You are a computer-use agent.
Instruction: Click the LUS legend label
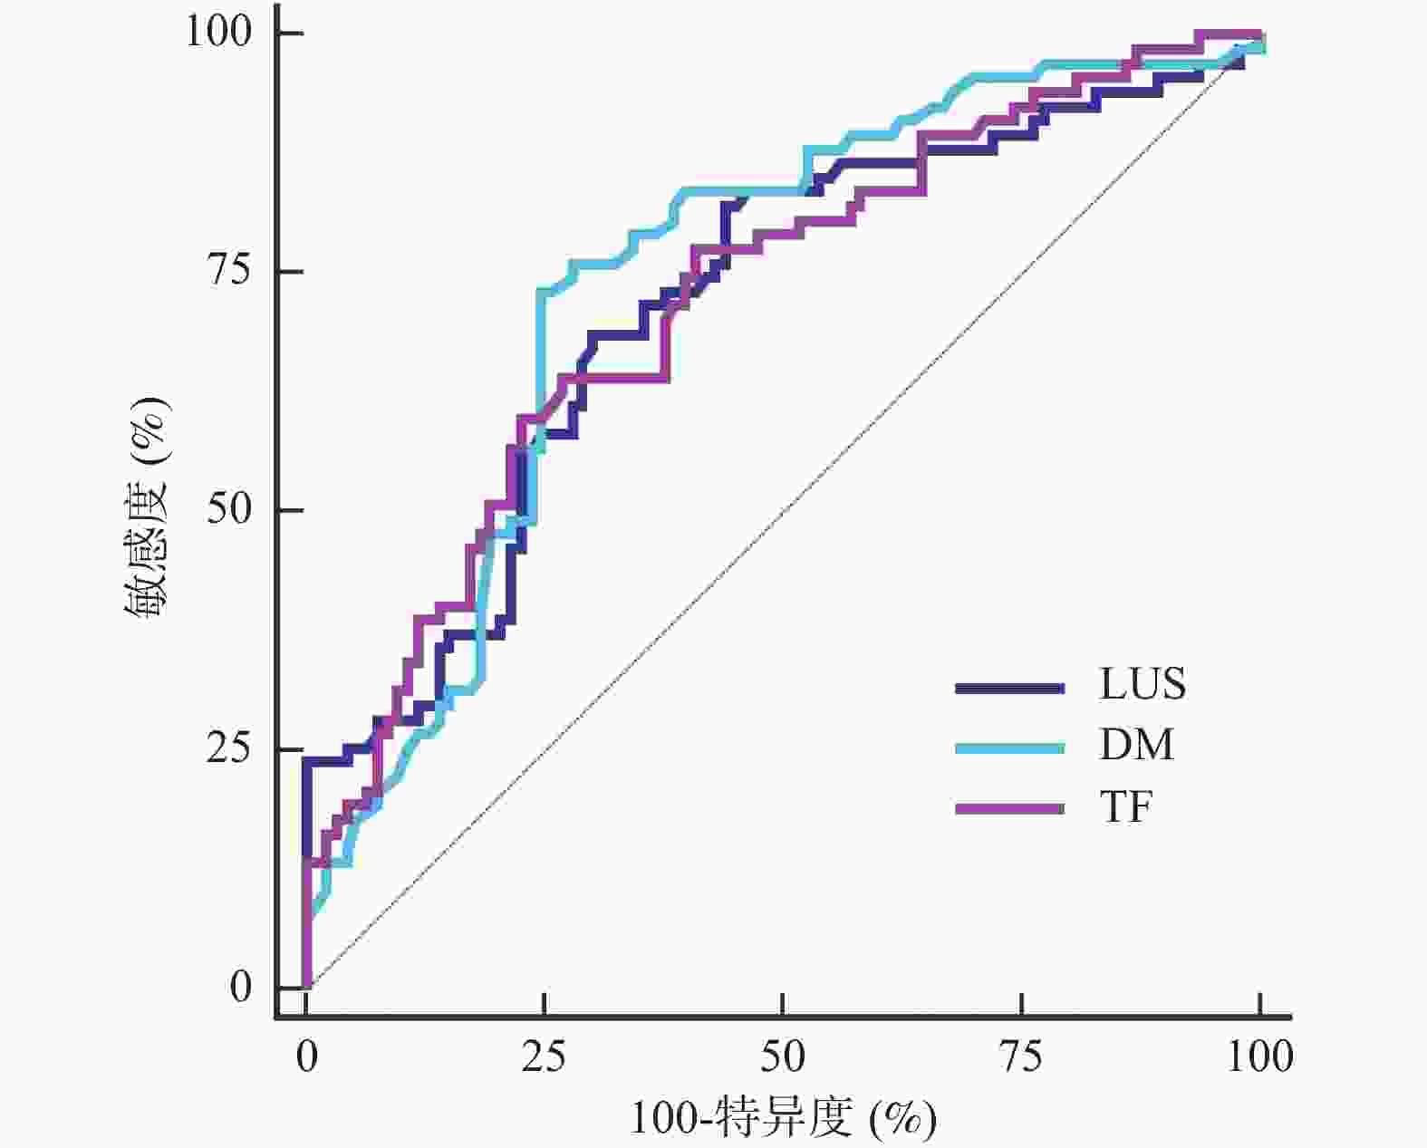coord(1143,684)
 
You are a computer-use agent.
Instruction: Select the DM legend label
coord(1136,745)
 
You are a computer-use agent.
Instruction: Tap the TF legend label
coord(1126,806)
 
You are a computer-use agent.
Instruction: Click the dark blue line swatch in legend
coord(1009,689)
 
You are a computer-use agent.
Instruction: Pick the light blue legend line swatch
coord(1009,748)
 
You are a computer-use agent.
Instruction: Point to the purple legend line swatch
coord(1009,807)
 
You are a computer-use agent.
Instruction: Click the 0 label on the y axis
coord(240,987)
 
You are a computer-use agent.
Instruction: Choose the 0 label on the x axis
coord(307,1056)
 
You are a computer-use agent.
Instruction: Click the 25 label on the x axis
coord(545,1056)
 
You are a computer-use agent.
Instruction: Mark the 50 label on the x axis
coord(783,1056)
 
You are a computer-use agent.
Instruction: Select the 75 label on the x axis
coord(1021,1056)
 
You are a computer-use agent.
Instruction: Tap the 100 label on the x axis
coord(1259,1056)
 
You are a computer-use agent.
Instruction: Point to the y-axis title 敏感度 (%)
coord(147,509)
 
